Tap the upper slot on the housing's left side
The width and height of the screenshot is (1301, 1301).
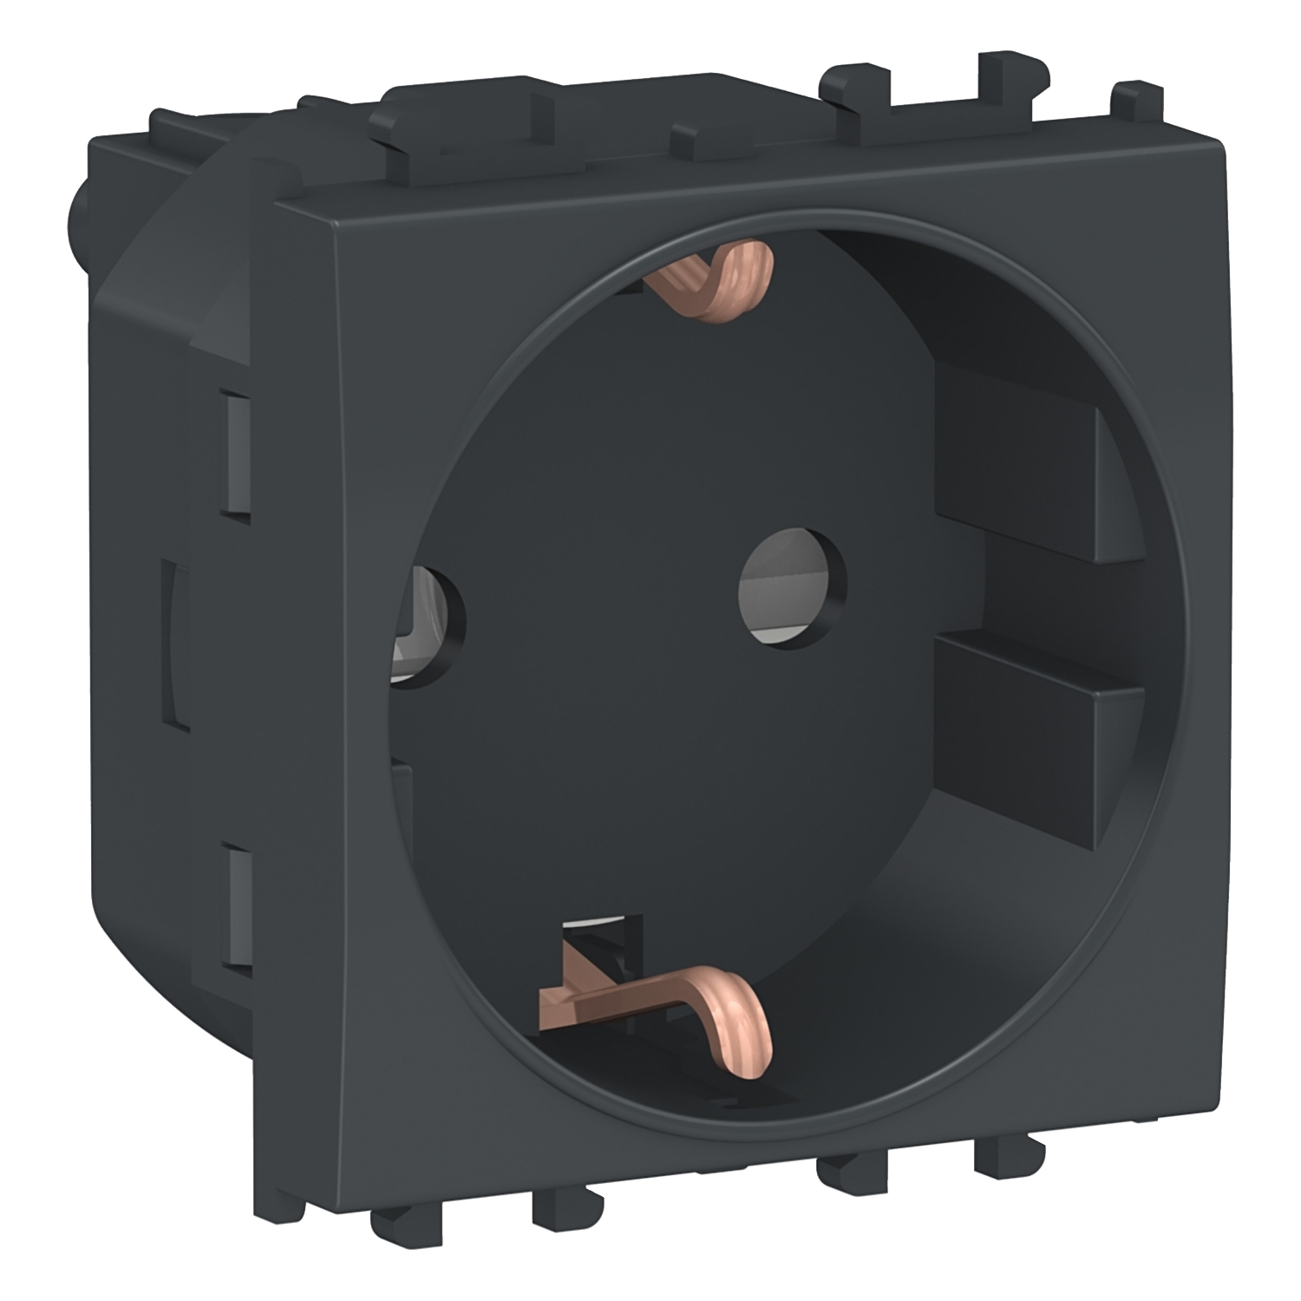coord(235,455)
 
